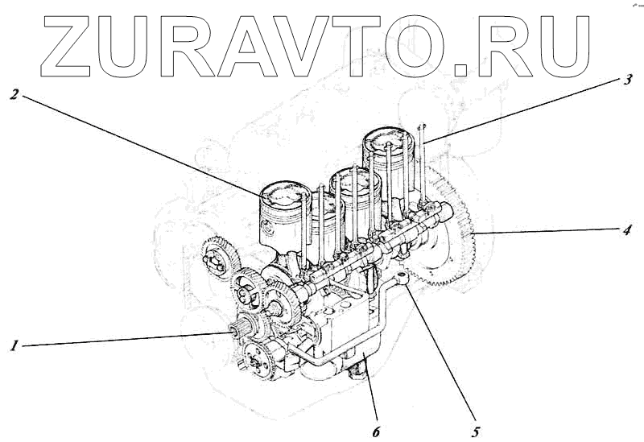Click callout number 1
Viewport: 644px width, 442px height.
tap(14, 346)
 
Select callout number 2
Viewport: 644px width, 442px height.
tap(14, 94)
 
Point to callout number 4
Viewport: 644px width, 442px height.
tap(625, 229)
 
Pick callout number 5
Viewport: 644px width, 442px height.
tap(476, 432)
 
